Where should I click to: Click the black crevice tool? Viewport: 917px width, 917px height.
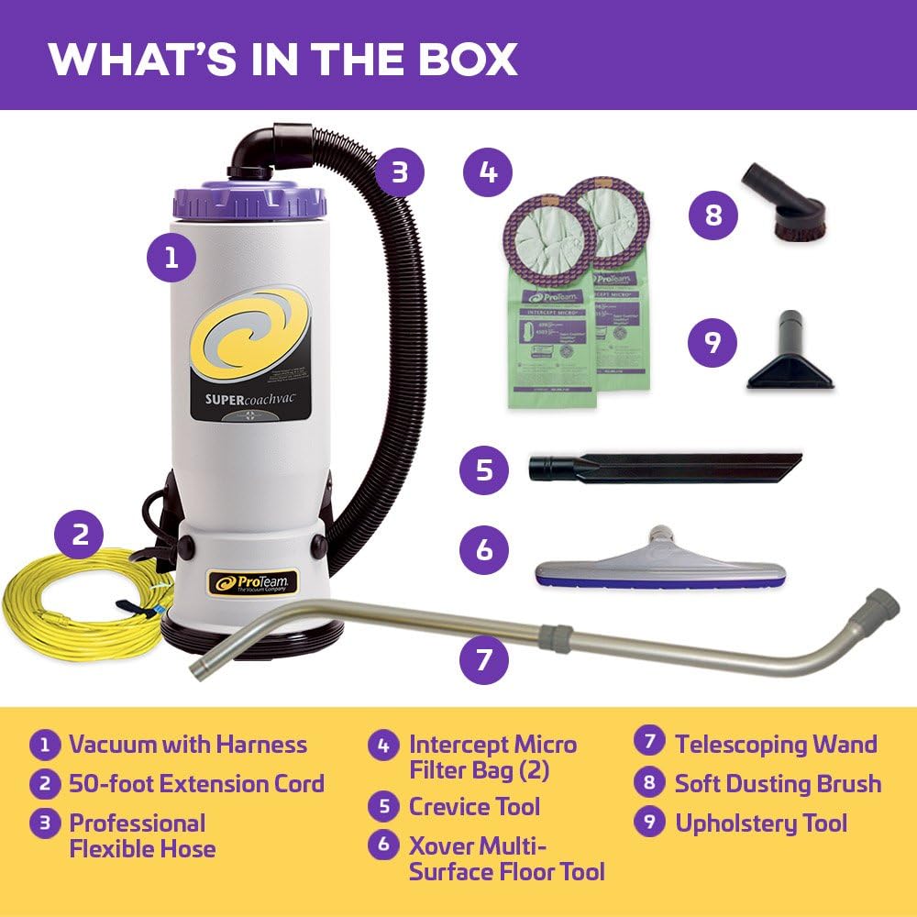665,466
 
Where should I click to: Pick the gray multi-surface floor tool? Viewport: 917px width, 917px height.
660,561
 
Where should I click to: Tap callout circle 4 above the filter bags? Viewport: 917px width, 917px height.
488,171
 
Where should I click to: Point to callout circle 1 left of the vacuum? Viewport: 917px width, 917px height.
171,258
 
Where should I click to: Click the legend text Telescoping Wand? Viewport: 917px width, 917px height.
776,744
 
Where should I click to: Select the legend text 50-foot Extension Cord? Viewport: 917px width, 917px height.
196,784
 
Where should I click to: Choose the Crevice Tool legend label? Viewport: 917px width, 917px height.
474,807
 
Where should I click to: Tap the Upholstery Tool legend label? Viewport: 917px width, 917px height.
761,823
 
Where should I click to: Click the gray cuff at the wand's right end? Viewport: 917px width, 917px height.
880,605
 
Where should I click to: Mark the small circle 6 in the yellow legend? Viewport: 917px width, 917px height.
382,845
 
